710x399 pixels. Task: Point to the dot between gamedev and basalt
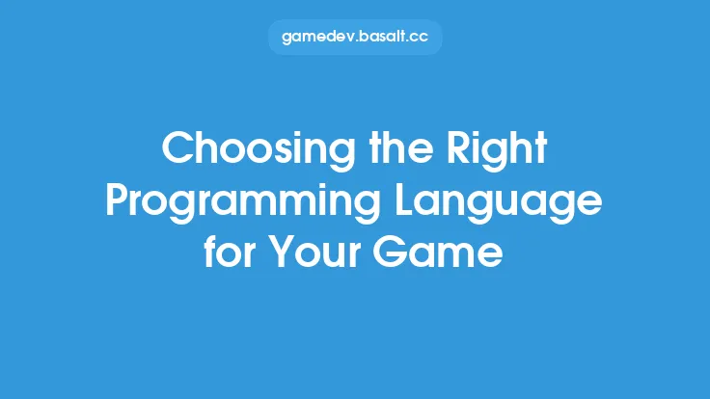pyautogui.click(x=353, y=42)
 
